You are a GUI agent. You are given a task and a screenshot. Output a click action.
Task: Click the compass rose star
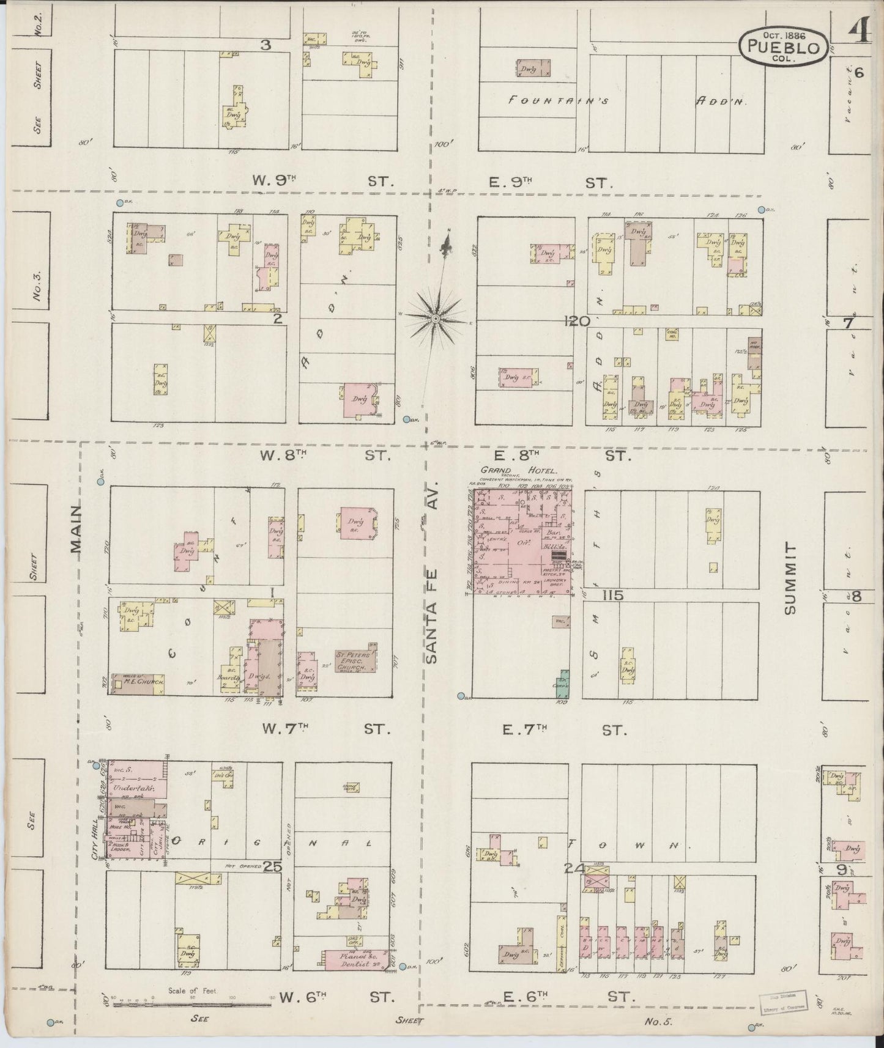435,319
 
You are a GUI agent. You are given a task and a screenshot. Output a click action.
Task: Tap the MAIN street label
77,528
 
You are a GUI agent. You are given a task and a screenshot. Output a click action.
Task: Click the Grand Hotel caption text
519,470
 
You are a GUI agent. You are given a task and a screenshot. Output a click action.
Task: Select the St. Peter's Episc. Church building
355,660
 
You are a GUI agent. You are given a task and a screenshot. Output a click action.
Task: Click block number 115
612,595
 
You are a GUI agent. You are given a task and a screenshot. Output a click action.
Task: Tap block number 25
272,866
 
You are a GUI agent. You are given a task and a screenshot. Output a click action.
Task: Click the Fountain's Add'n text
626,101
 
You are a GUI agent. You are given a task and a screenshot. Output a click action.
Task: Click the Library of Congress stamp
782,999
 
